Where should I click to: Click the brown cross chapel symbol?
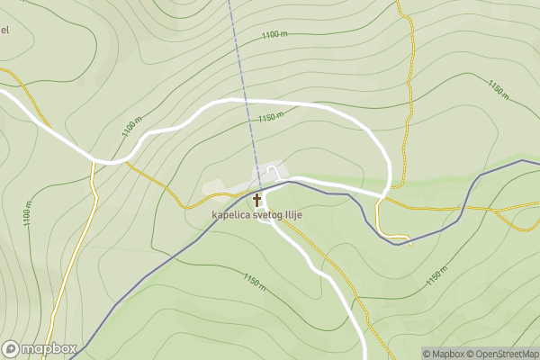coord(256,200)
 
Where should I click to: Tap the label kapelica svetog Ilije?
coord(256,215)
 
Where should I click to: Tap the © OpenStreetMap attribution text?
coord(502,354)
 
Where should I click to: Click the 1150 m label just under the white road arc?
coord(270,117)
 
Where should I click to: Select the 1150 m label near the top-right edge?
coord(499,89)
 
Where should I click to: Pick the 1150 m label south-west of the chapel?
coord(254,282)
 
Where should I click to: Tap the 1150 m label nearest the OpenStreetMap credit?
coord(436,276)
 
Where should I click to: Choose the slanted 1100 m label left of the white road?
coord(131,132)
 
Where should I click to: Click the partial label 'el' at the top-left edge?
coord(4,30)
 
